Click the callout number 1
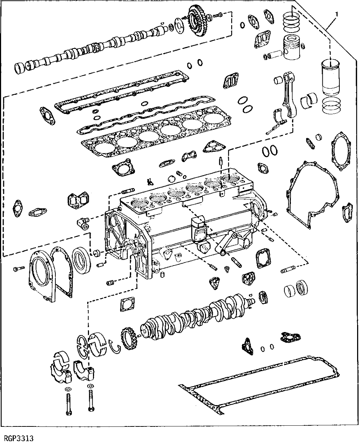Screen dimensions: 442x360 [x=337, y=14]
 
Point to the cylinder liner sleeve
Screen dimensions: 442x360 [x=330, y=77]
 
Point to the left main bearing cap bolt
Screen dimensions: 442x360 [x=68, y=401]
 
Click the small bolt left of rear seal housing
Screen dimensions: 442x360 [x=18, y=269]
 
